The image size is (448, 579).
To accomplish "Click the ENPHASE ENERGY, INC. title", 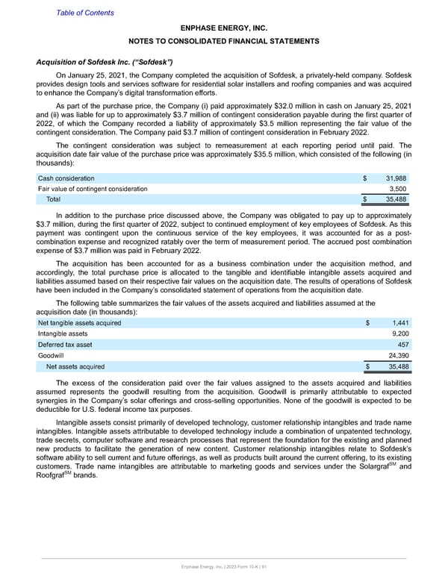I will pyautogui.click(x=223, y=27).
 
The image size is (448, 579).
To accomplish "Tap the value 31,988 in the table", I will pyautogui.click(x=395, y=178).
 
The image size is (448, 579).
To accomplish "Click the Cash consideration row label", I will pyautogui.click(x=66, y=178).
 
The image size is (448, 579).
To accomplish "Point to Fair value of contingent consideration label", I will pyautogui.click(x=93, y=189).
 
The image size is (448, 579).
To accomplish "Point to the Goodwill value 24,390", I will pyautogui.click(x=395, y=356).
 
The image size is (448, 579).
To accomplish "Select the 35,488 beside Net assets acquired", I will pyautogui.click(x=395, y=366).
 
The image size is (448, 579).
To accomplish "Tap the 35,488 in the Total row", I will pyautogui.click(x=395, y=200).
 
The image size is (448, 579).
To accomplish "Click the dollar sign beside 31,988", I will pyautogui.click(x=365, y=178).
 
